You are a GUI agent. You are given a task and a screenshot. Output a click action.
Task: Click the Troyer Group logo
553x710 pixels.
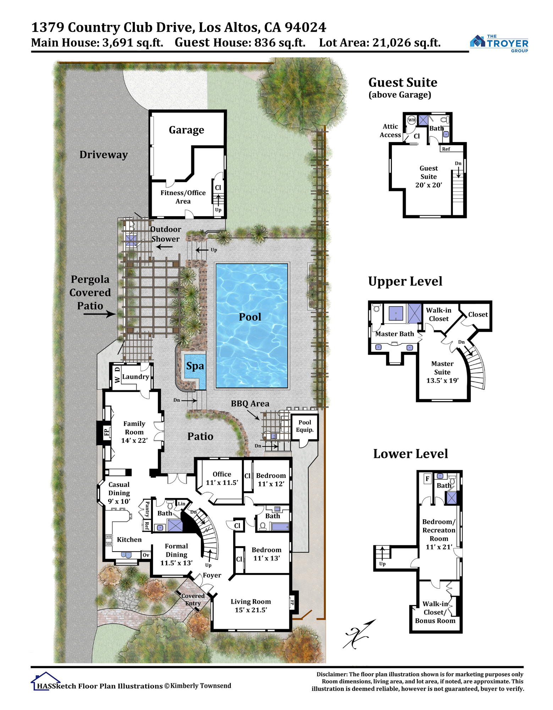[499, 44]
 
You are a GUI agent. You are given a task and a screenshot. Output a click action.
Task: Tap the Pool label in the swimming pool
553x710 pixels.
[250, 317]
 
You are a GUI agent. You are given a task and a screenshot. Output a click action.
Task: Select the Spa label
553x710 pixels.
[195, 366]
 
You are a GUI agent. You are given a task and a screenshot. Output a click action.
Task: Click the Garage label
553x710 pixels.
[186, 130]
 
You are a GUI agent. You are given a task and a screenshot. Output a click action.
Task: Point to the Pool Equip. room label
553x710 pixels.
[305, 426]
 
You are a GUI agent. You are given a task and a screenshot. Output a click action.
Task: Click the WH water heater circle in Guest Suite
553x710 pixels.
[411, 120]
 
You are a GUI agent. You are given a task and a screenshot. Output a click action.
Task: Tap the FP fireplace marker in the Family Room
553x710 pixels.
[106, 432]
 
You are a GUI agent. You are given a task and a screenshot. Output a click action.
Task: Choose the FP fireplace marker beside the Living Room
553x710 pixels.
[292, 602]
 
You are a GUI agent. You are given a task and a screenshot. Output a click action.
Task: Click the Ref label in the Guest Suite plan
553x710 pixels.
[446, 149]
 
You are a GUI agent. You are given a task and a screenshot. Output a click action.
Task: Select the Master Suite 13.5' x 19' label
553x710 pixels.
[442, 372]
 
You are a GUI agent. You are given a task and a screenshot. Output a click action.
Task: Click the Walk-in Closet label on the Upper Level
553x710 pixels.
[439, 315]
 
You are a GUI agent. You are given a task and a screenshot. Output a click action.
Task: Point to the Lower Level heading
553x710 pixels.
[410, 454]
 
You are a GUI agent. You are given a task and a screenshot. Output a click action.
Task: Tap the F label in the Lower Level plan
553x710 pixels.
[427, 479]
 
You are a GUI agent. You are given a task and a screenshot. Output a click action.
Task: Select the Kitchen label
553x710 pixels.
[129, 540]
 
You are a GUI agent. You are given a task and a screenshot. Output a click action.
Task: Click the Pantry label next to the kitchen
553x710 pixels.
[147, 509]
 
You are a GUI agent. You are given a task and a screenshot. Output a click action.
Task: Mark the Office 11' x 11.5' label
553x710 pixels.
[222, 479]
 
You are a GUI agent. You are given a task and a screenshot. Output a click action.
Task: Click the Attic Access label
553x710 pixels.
[390, 131]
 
